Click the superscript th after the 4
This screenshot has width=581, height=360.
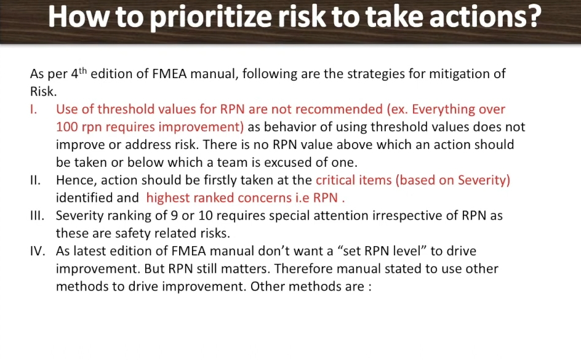coord(82,70)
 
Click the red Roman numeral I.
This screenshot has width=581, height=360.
coord(33,110)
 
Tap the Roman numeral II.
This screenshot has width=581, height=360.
coord(35,180)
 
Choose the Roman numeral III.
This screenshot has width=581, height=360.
coord(37,215)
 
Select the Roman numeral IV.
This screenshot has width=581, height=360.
coord(38,251)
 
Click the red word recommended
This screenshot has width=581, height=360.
coord(339,110)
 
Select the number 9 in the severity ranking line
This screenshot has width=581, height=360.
coord(174,215)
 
